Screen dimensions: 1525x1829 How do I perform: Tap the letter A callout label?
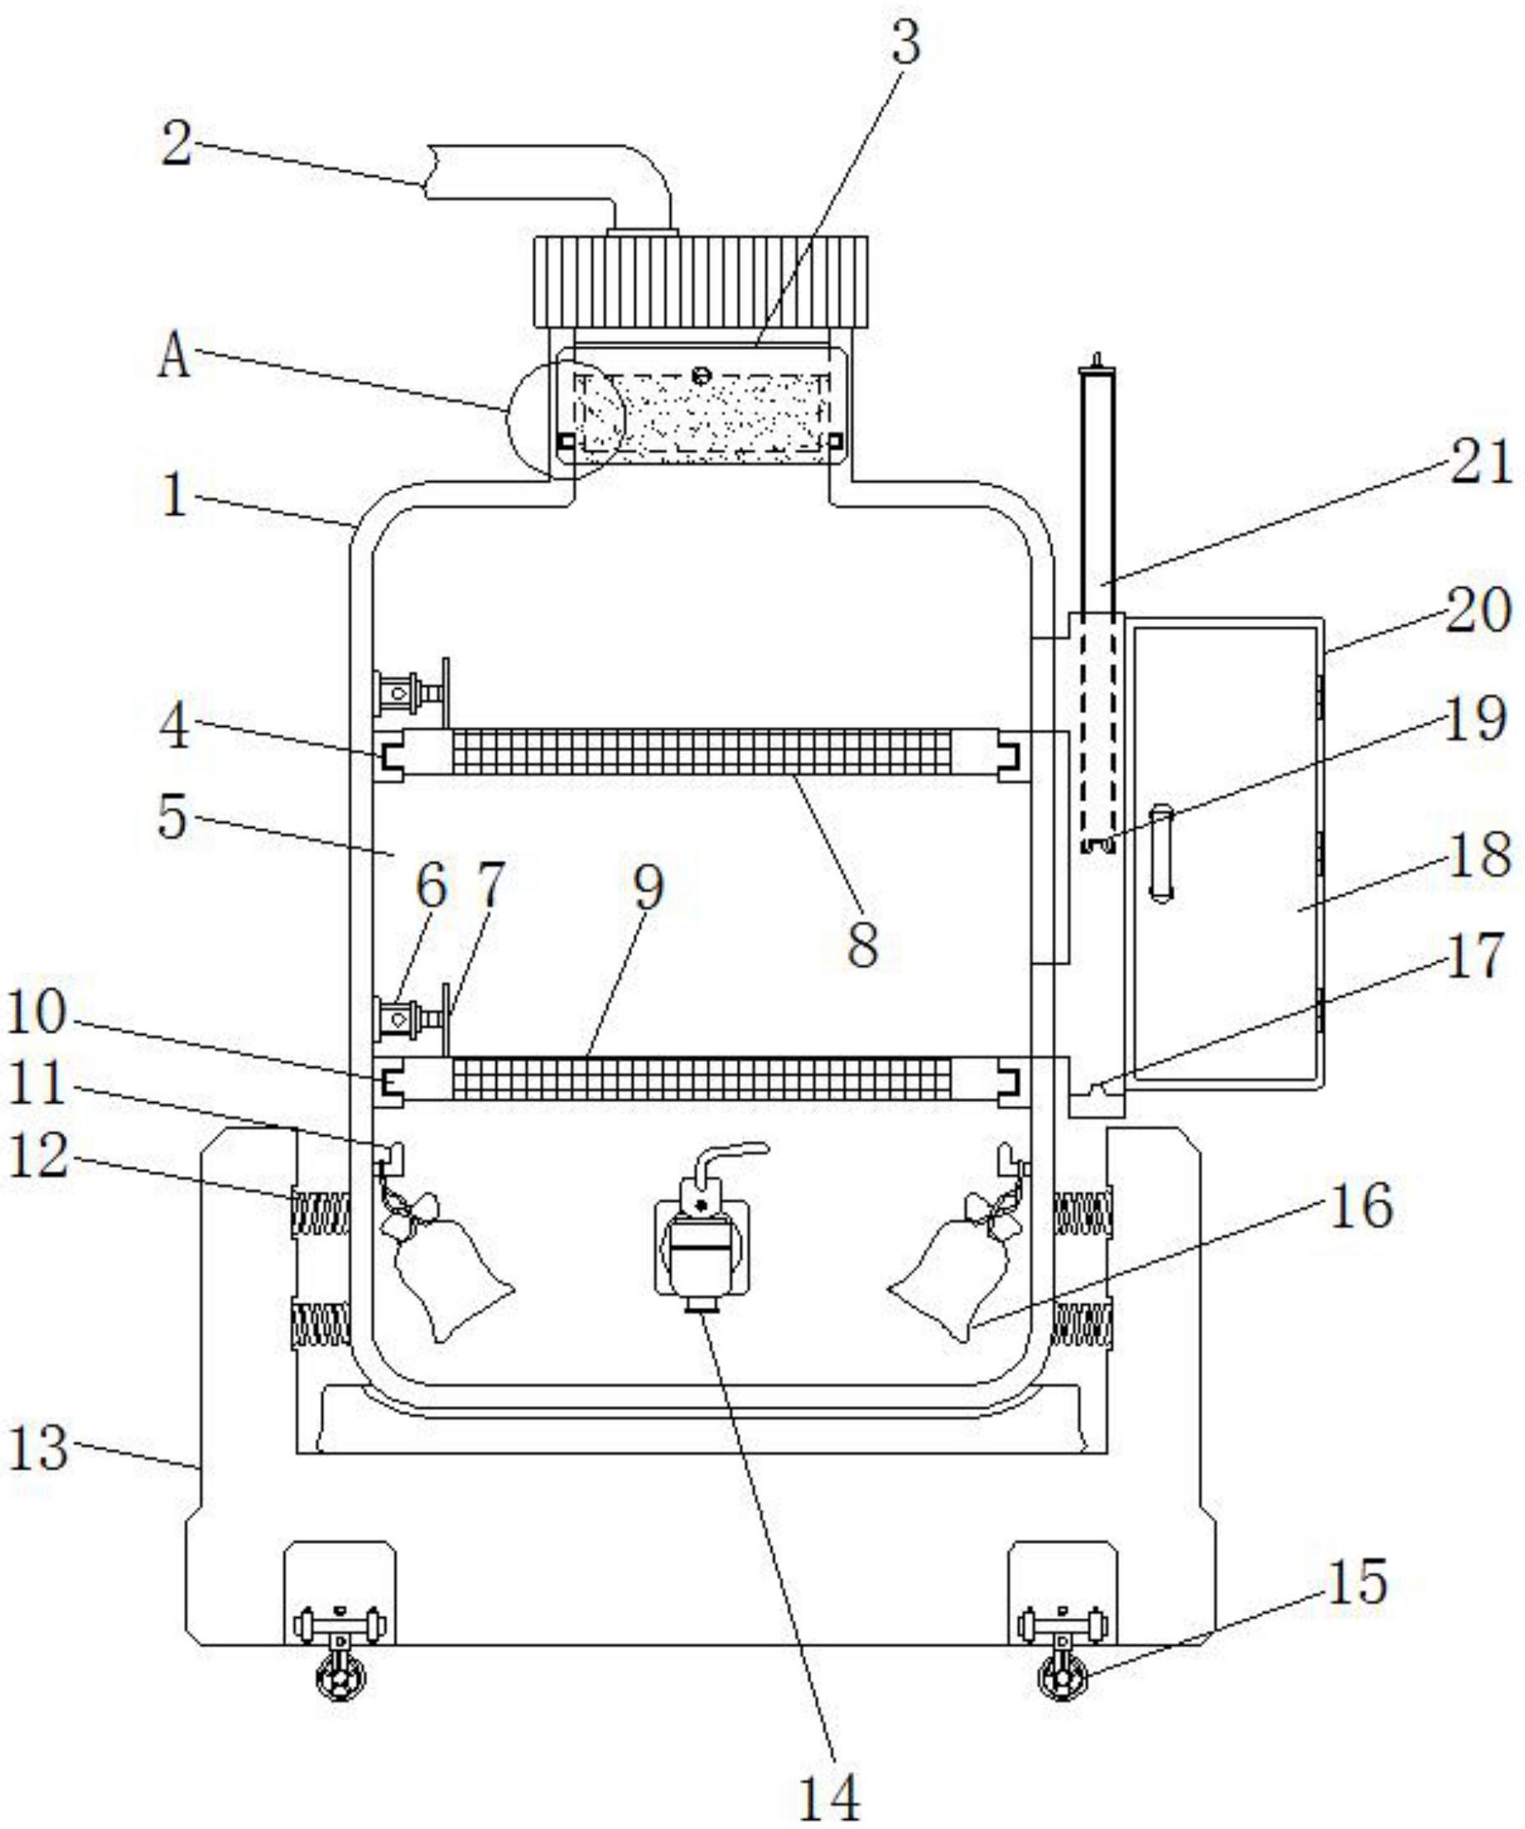click(x=174, y=356)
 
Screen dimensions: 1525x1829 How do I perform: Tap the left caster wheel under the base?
click(x=341, y=1675)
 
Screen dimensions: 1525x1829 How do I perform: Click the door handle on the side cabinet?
click(x=1162, y=852)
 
